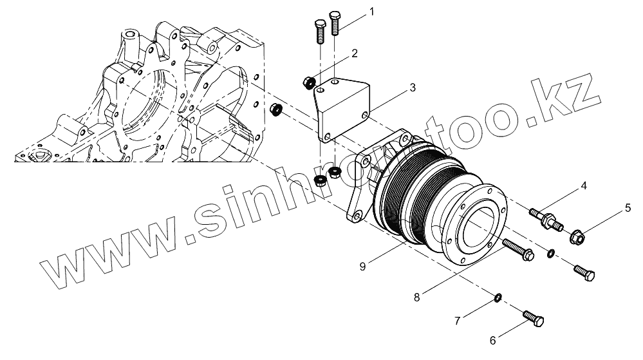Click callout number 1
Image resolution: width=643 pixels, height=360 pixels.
pos(371,12)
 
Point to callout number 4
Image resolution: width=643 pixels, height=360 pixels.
pos(583,186)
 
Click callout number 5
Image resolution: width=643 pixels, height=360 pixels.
pos(628,208)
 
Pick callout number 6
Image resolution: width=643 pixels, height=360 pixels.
pos(494,339)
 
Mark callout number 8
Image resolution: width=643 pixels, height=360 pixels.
pos(417,298)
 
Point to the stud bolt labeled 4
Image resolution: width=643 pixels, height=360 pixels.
pos(546,218)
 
